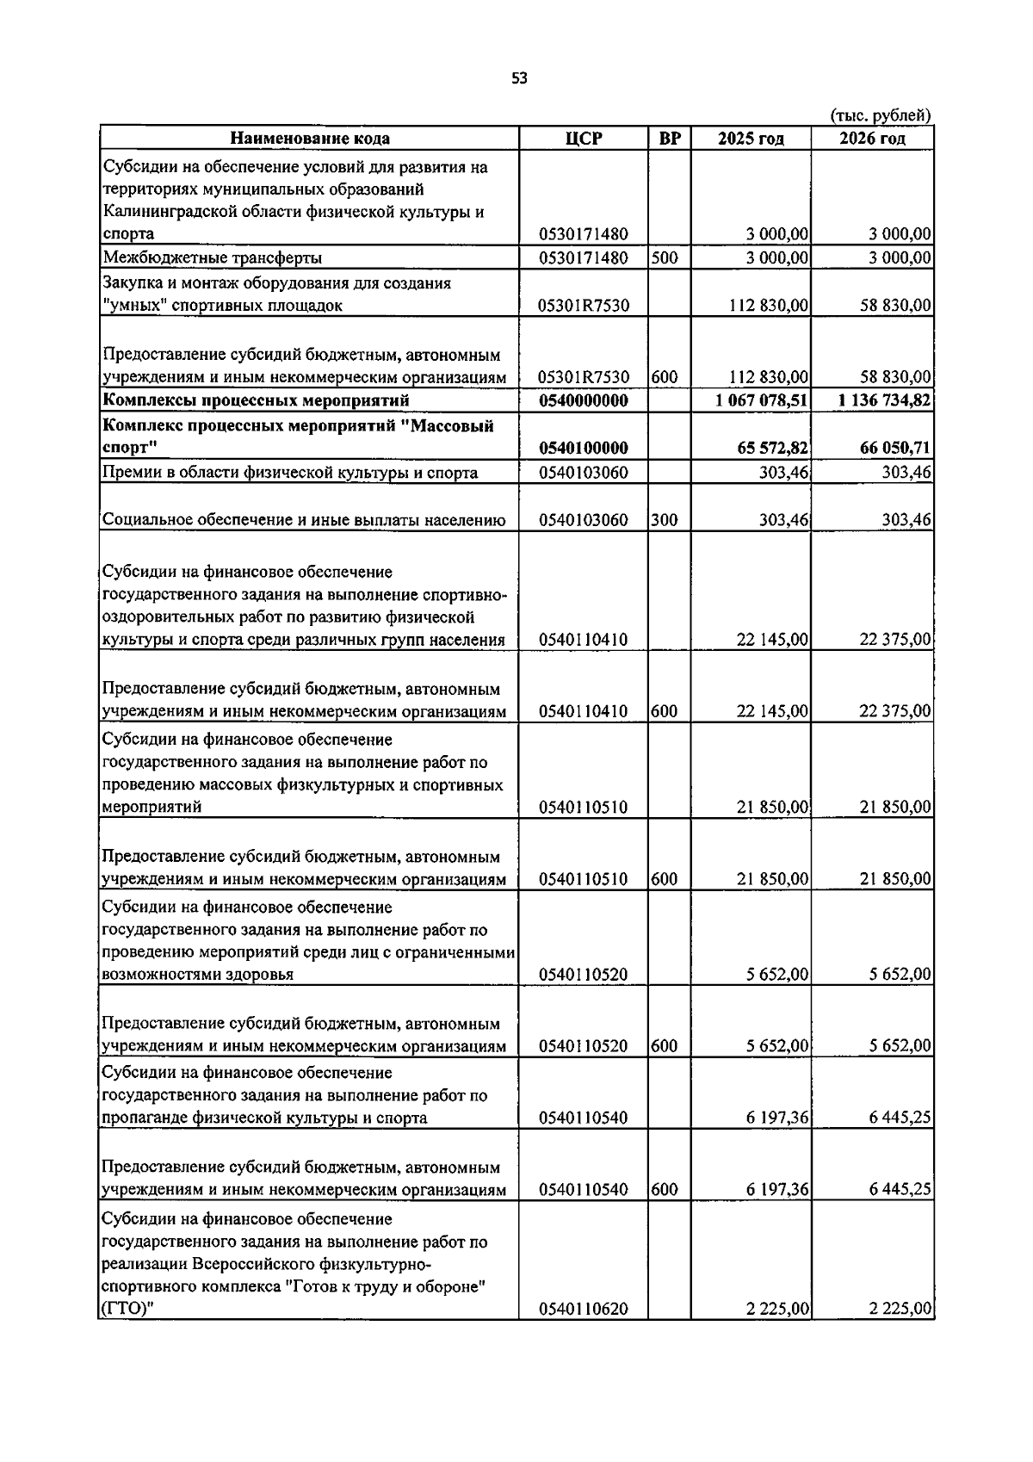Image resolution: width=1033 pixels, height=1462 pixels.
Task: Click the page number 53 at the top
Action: [518, 78]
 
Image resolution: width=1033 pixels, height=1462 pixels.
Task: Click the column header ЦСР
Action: [584, 139]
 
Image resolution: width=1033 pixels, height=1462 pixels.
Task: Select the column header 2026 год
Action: [872, 139]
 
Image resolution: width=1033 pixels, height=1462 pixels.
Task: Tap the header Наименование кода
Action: [309, 139]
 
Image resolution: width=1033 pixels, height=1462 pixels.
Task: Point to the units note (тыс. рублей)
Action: [880, 115]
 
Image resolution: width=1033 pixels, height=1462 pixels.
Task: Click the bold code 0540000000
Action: [584, 400]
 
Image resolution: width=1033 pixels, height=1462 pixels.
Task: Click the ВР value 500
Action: [664, 257]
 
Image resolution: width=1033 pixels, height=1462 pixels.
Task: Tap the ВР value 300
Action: [664, 519]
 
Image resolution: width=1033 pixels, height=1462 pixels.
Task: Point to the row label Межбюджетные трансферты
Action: [213, 257]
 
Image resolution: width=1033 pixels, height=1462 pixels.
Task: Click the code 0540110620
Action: [584, 1309]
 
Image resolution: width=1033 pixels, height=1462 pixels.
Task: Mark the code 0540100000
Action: [584, 448]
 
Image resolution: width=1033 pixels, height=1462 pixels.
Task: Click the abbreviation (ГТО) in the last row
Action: [121, 1310]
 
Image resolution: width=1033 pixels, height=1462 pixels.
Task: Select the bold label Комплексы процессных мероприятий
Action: [256, 400]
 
